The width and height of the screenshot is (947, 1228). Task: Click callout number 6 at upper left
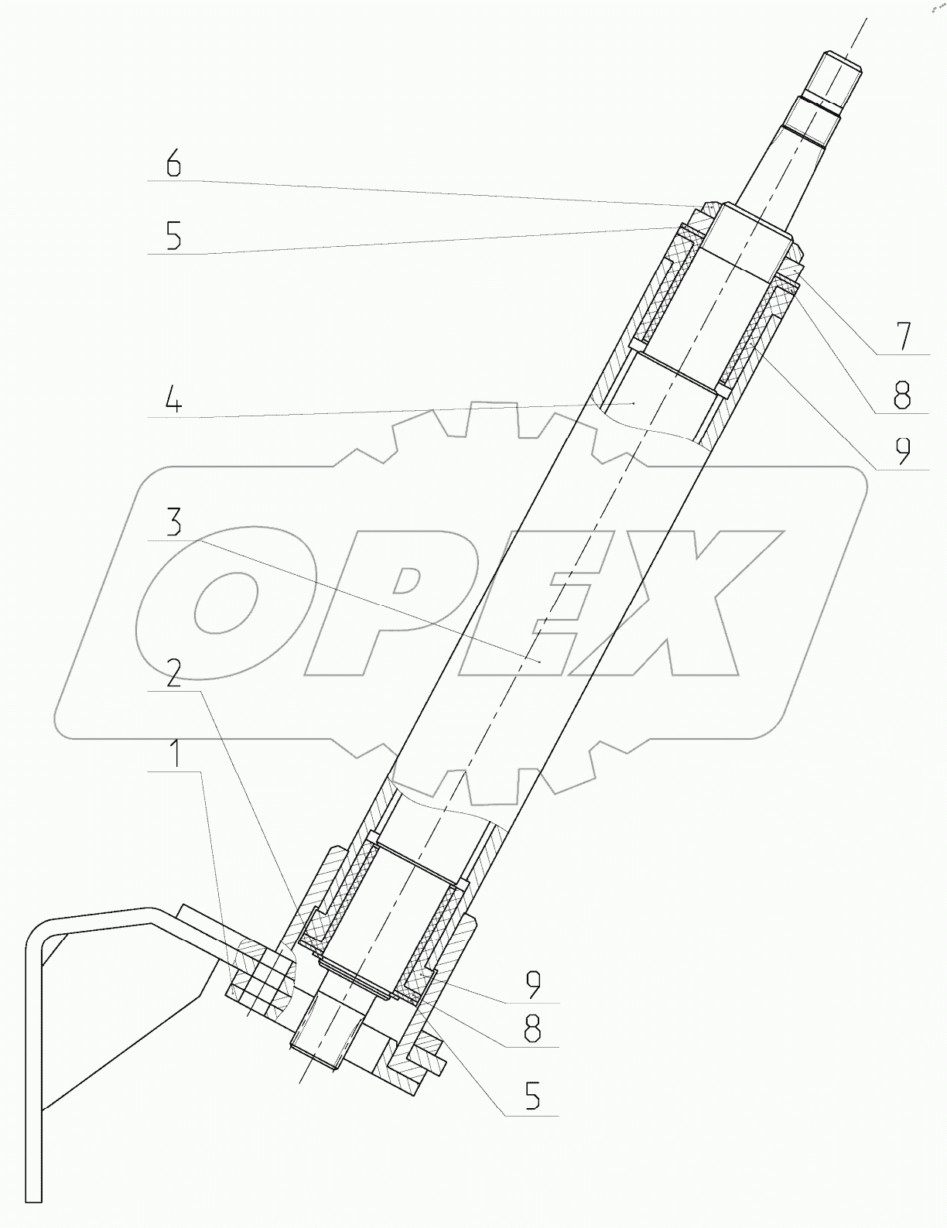[173, 165]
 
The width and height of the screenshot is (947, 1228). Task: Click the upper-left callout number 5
[173, 235]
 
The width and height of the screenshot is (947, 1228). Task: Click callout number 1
[177, 752]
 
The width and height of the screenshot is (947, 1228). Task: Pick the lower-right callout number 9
[532, 983]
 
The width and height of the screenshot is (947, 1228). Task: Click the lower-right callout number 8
[532, 1029]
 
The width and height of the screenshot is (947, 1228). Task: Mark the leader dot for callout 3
[539, 660]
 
